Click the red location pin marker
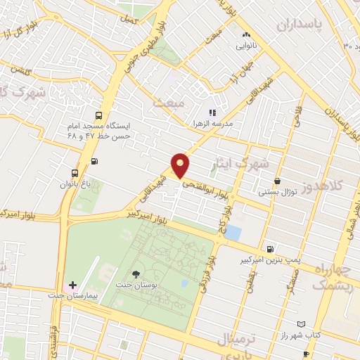(x=181, y=165)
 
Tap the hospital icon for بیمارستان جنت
(x=72, y=285)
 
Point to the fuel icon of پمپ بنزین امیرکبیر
(x=271, y=249)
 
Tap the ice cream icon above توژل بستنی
(x=278, y=180)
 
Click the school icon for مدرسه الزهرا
(x=212, y=112)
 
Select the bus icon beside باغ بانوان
(x=74, y=173)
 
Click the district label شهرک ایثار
(x=242, y=164)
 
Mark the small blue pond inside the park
(x=184, y=283)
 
